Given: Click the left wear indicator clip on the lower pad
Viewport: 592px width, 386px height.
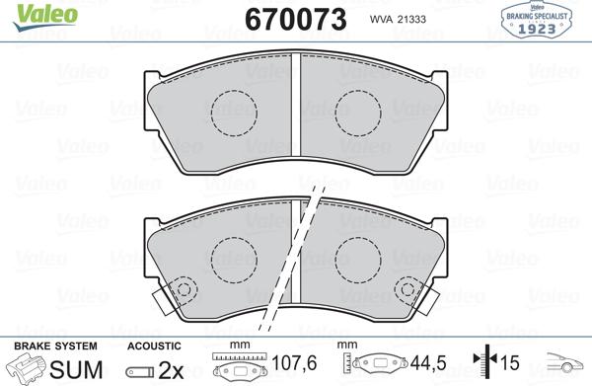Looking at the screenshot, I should pyautogui.click(x=181, y=290).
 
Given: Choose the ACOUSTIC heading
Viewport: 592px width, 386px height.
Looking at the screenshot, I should pyautogui.click(x=153, y=346).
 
